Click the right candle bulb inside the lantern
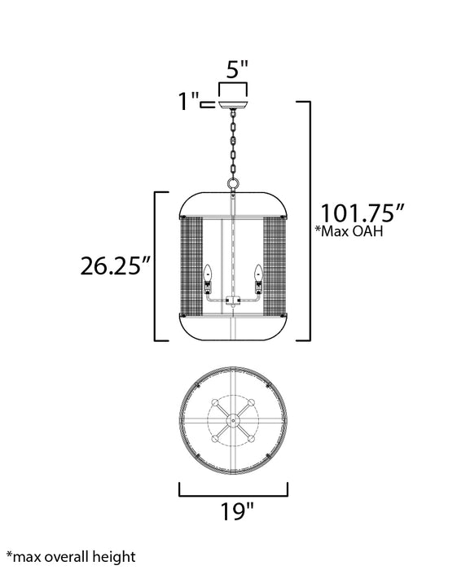click(258, 273)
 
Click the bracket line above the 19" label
click(233, 493)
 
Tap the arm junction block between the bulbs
click(232, 303)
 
